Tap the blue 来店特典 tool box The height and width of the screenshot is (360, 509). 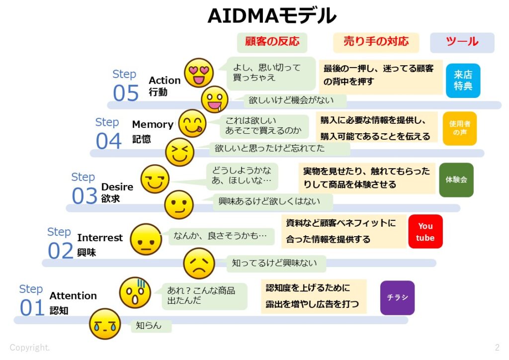click(x=463, y=81)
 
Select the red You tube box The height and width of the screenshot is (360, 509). click(x=425, y=232)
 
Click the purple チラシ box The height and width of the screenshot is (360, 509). click(x=397, y=297)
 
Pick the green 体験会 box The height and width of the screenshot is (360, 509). click(x=456, y=180)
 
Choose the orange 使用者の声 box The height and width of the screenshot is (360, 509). click(x=459, y=128)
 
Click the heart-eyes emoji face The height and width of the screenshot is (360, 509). click(x=199, y=73)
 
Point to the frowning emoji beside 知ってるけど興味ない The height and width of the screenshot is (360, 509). click(x=199, y=264)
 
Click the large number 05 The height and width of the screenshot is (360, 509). click(x=126, y=93)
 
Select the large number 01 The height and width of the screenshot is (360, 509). click(x=32, y=308)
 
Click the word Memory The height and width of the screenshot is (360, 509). click(x=153, y=124)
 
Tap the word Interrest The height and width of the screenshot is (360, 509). click(x=100, y=238)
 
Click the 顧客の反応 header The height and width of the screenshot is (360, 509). click(x=272, y=42)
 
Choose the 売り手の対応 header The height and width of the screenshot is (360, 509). click(x=376, y=42)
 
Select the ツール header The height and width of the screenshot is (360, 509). click(x=462, y=42)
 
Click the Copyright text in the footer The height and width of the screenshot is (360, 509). click(x=30, y=347)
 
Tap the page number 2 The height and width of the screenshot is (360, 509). click(x=497, y=347)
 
